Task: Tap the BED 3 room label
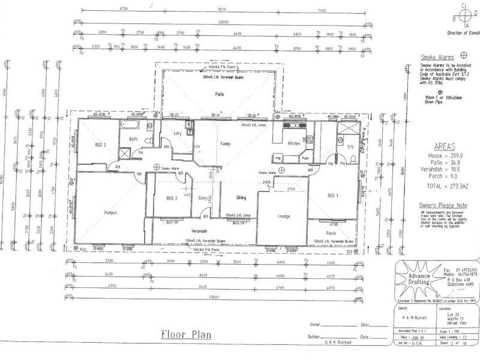coord(101,145)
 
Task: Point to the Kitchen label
coord(293,144)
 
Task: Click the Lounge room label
coord(284,215)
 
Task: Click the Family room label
coord(226,145)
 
